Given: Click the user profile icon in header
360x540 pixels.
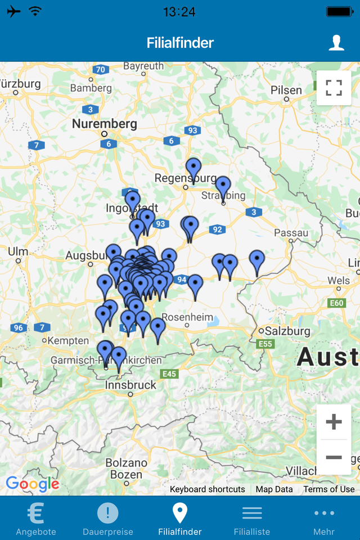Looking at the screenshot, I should pyautogui.click(x=336, y=43).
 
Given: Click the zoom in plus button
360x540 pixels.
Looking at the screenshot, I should pyautogui.click(x=334, y=422).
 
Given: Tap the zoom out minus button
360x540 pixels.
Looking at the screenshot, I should pyautogui.click(x=334, y=457).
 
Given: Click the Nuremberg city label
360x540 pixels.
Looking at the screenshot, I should pyautogui.click(x=104, y=124).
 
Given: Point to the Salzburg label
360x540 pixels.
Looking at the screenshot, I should pyautogui.click(x=287, y=331).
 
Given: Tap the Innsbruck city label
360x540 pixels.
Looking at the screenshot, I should pyautogui.click(x=130, y=385).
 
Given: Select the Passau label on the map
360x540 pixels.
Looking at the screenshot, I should pyautogui.click(x=291, y=233).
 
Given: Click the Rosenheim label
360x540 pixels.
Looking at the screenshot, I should pyautogui.click(x=188, y=317).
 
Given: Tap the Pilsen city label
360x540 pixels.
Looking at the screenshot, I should pyautogui.click(x=286, y=90).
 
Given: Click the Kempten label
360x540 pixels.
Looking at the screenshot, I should pyautogui.click(x=68, y=341).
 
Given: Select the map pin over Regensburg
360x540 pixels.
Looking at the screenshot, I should pyautogui.click(x=193, y=169).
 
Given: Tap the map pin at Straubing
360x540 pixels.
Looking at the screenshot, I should pyautogui.click(x=223, y=187).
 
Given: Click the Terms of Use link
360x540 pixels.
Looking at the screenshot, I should pyautogui.click(x=329, y=489).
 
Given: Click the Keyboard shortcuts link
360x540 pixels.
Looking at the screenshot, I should pyautogui.click(x=208, y=489).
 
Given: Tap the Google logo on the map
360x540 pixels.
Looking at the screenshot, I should pyautogui.click(x=32, y=484).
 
